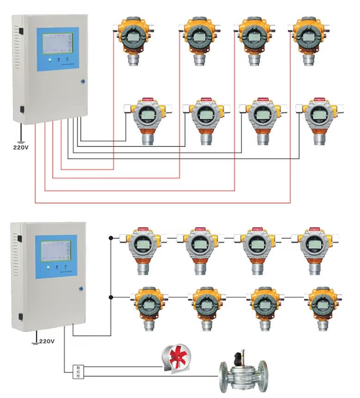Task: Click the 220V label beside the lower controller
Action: click(46, 342)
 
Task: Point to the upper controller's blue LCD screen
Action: click(55, 50)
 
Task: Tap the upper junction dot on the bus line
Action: click(110, 238)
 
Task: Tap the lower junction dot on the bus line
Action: click(110, 297)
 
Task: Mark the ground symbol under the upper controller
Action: click(19, 139)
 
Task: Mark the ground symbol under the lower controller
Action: click(34, 341)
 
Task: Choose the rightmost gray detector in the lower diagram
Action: click(314, 249)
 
